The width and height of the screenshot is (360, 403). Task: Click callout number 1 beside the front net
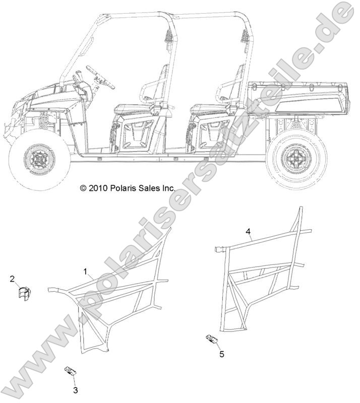pos(85,272)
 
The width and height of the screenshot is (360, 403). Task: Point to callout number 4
pos(248,232)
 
